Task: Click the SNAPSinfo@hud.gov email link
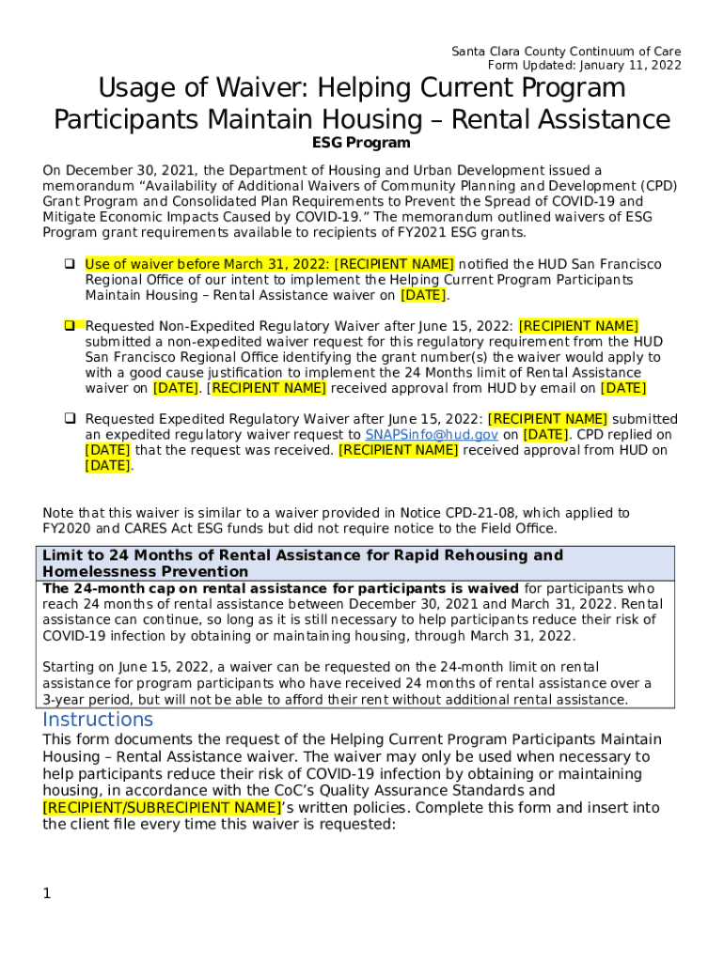[432, 435]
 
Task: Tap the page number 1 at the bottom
[46, 893]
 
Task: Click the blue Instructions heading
[98, 720]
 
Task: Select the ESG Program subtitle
[361, 144]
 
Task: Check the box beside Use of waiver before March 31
[70, 265]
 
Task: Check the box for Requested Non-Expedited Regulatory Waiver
[70, 326]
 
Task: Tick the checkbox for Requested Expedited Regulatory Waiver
[70, 419]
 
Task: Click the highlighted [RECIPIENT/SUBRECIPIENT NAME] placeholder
[162, 808]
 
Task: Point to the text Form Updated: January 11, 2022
[584, 66]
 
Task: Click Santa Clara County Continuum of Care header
[566, 51]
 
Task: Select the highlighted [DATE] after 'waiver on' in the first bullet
[423, 295]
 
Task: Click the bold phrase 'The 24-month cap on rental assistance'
[188, 589]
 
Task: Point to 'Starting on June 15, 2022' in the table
[123, 667]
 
